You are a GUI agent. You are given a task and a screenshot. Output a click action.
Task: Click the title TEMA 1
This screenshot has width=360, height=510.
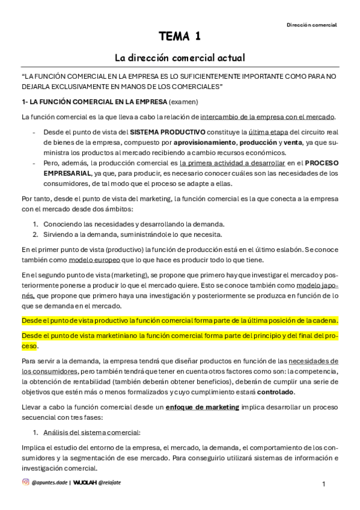pyautogui.click(x=180, y=38)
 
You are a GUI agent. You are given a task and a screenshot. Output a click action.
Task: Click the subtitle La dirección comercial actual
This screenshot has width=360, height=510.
pyautogui.click(x=180, y=58)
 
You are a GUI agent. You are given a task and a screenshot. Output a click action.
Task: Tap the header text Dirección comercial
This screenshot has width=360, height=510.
pyautogui.click(x=311, y=25)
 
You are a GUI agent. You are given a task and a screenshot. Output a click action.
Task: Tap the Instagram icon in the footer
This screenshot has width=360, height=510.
pyautogui.click(x=25, y=482)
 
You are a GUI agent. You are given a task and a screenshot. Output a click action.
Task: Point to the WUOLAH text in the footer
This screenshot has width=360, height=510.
pyautogui.click(x=85, y=482)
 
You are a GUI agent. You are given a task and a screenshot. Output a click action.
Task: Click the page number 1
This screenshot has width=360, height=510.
pyautogui.click(x=324, y=484)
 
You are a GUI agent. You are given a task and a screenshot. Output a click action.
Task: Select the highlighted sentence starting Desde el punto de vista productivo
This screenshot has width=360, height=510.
pyautogui.click(x=180, y=320)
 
